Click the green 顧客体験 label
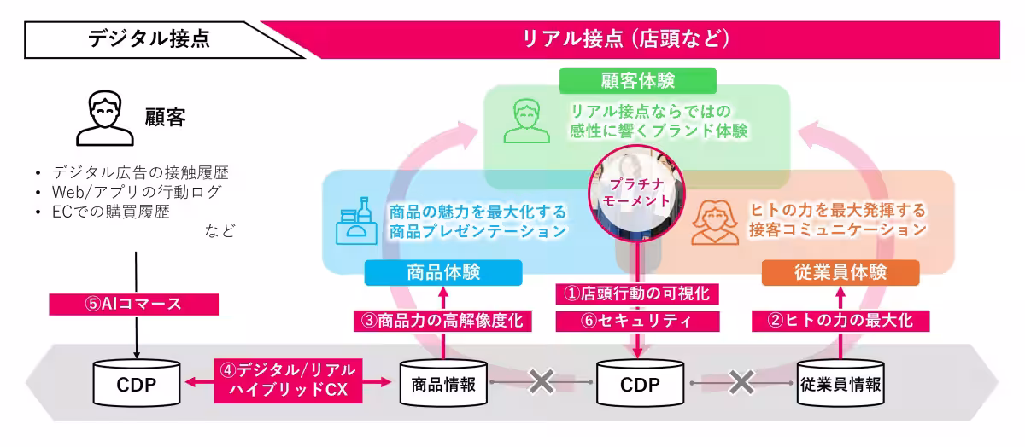637,81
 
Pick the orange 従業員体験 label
840,273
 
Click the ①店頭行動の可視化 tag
637,293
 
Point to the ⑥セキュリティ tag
637,321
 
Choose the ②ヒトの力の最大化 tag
840,321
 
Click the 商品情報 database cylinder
443,384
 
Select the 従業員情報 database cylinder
840,384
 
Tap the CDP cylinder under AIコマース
137,384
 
